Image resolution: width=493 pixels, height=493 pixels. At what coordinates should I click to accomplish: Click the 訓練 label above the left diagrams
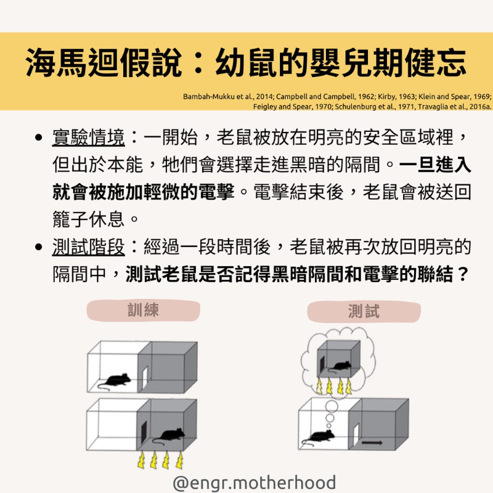pos(143,310)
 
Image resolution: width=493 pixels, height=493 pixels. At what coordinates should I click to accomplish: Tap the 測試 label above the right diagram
pos(364,311)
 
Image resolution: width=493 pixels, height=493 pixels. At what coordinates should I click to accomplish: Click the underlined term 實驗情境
pos(88,137)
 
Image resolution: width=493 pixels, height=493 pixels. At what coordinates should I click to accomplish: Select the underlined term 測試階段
pos(88,247)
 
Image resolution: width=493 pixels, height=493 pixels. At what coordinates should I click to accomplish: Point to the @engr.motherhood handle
pos(255,483)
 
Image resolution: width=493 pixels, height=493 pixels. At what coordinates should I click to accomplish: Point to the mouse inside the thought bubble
pos(340,366)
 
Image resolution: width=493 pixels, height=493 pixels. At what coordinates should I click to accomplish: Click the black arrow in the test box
pos(372,442)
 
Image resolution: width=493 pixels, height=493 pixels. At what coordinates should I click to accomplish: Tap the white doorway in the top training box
pos(145,378)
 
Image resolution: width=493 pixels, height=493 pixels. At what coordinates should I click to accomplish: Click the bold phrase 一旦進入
pos(435,165)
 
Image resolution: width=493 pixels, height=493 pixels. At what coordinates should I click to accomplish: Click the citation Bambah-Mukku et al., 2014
pos(228,97)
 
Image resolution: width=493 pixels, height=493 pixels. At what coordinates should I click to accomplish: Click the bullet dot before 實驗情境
pos(39,137)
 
